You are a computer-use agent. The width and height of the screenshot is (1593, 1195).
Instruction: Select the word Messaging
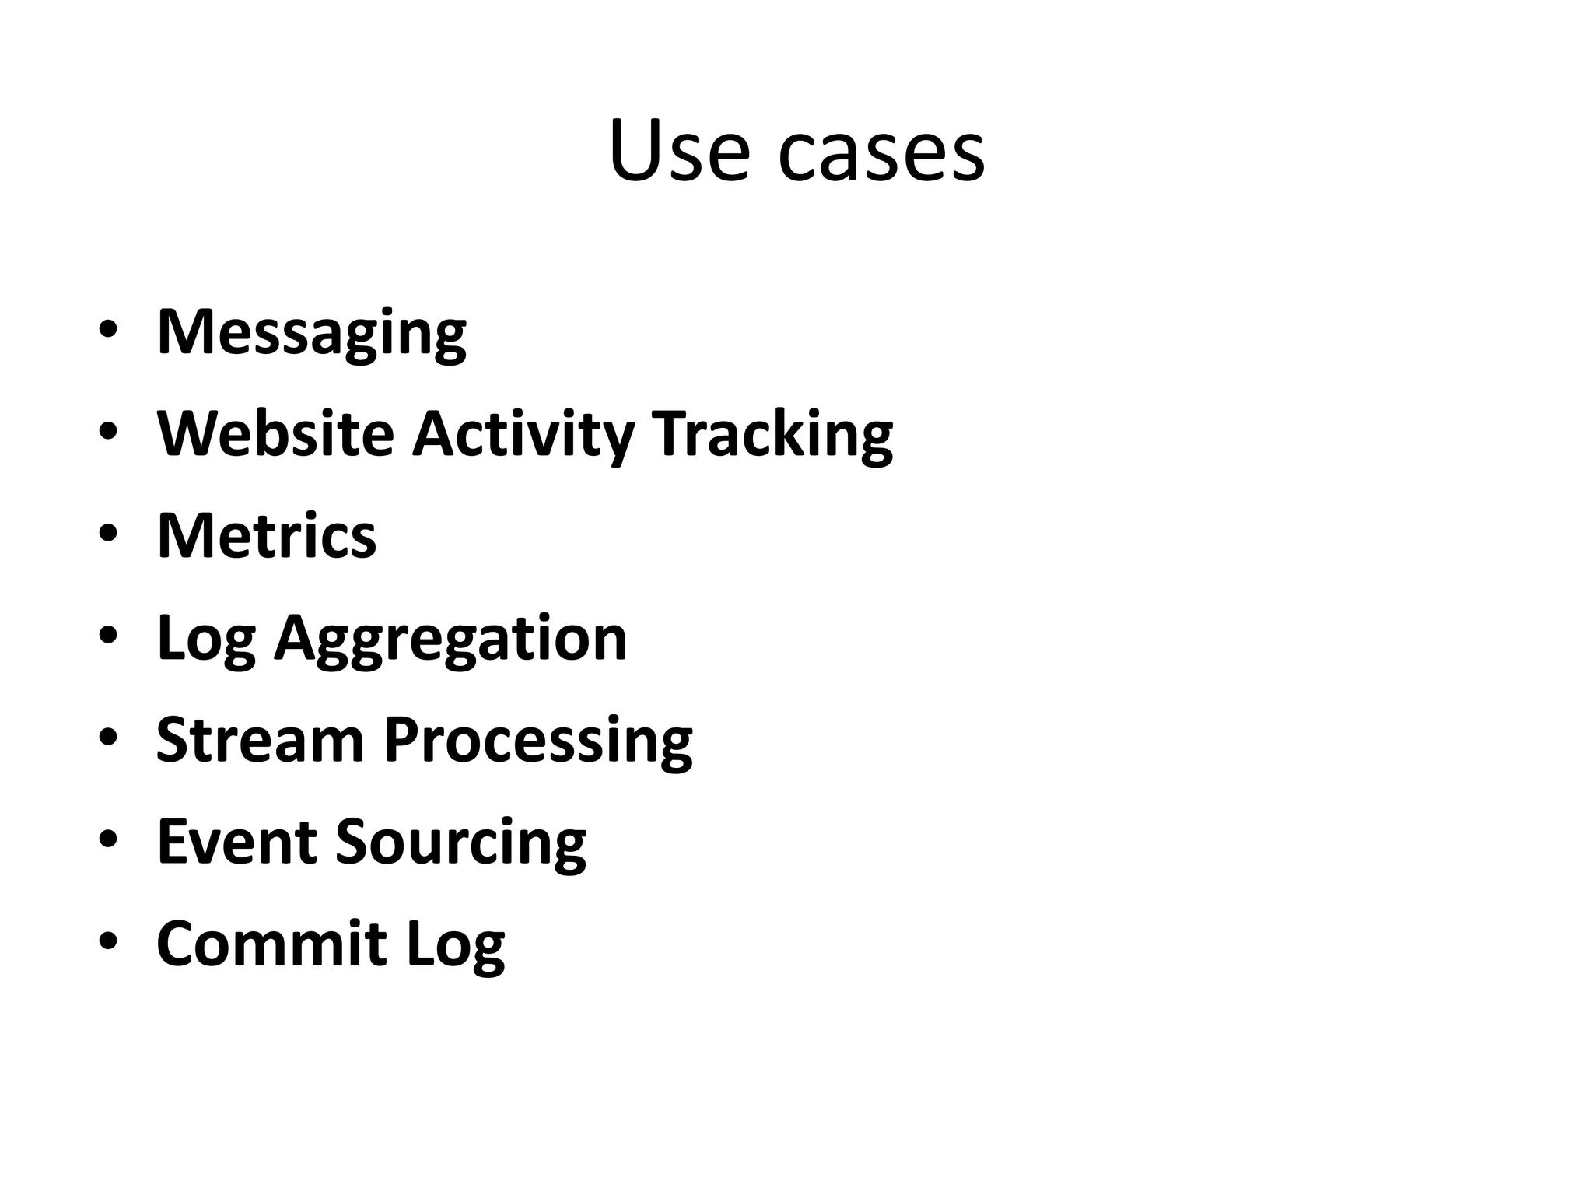(x=311, y=333)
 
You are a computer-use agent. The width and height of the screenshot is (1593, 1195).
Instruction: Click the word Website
(x=275, y=433)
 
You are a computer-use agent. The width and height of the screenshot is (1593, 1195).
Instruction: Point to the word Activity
(x=523, y=435)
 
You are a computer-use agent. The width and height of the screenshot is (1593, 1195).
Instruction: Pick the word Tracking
(x=772, y=435)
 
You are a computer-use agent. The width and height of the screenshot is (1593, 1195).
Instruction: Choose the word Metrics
(x=267, y=536)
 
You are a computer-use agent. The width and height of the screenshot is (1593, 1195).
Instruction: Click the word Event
(x=236, y=842)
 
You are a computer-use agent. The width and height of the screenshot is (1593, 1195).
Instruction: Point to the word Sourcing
(x=460, y=843)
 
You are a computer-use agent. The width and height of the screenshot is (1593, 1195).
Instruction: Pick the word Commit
(x=271, y=944)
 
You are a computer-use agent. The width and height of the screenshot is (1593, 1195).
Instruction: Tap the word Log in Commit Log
(x=455, y=945)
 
